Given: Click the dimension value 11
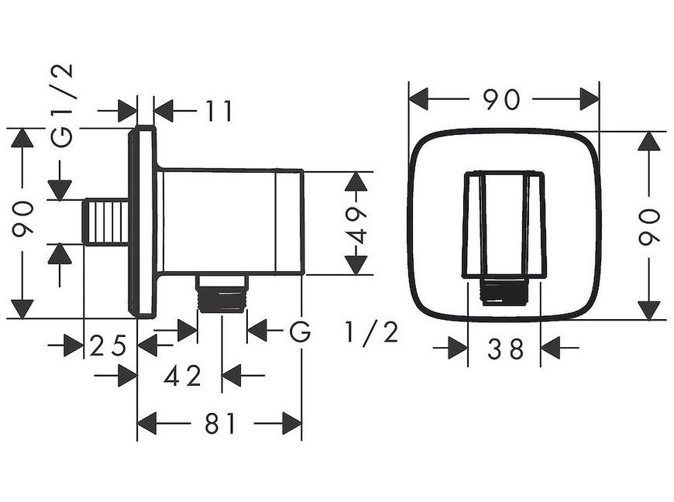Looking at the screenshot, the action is tap(218, 111).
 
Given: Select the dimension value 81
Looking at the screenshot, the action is tap(221, 423).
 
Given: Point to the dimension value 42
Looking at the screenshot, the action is tap(183, 376).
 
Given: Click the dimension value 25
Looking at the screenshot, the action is tap(108, 346).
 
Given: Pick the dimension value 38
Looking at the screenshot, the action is tap(505, 349).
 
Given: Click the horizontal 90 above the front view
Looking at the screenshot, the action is tap(501, 99).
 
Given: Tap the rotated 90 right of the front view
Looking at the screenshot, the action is tap(648, 226).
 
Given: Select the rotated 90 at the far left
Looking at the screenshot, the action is tap(22, 219).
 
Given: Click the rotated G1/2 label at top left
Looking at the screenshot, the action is tap(61, 105).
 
